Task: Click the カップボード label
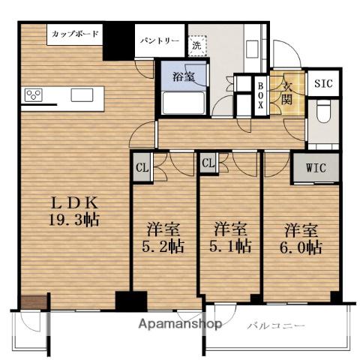pos(74,34)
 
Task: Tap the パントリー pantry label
pos(158,41)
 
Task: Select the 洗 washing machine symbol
pos(196,44)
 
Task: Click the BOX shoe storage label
pos(260,95)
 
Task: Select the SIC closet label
pos(324,83)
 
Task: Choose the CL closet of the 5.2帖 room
pos(142,166)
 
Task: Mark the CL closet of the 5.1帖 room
pos(208,163)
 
